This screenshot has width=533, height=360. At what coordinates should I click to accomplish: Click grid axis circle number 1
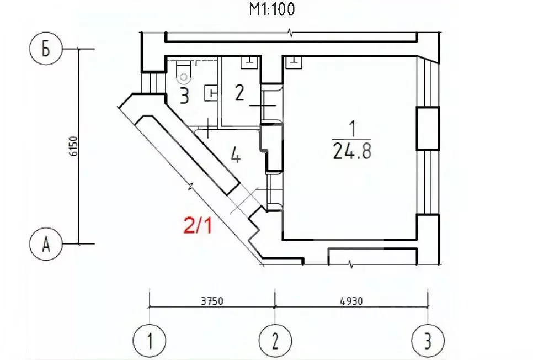click(150, 340)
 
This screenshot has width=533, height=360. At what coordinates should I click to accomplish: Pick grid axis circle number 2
click(275, 340)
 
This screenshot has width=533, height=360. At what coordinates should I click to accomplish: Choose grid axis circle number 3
click(428, 340)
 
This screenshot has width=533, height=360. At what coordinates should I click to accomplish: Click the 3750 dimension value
click(211, 301)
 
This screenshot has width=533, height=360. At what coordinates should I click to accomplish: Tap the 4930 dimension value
click(350, 301)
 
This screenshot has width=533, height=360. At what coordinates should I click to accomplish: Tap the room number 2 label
click(239, 93)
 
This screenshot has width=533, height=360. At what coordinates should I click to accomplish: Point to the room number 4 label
click(236, 157)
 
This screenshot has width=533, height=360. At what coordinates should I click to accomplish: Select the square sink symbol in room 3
click(210, 93)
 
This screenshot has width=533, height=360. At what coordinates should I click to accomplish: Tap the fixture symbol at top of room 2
click(248, 63)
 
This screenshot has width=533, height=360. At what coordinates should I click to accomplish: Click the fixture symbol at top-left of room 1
click(294, 62)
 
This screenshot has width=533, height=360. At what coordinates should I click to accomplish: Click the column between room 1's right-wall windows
click(428, 129)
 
